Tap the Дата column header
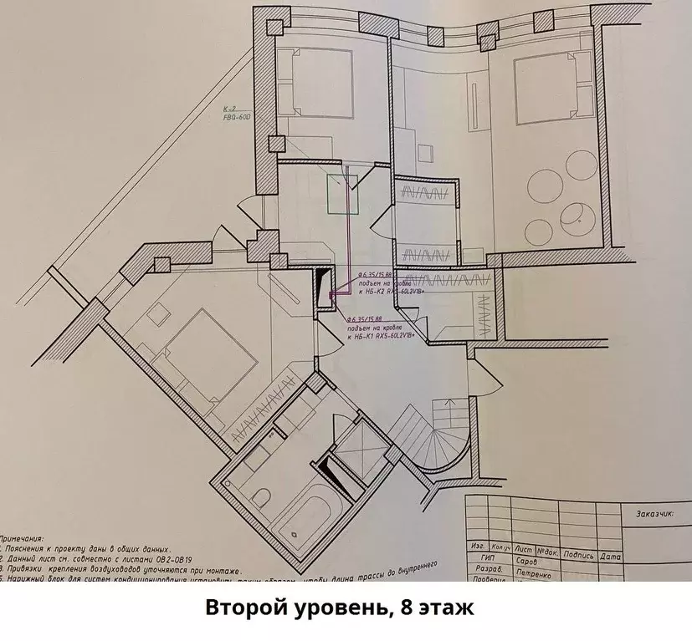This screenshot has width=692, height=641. tap(610, 555)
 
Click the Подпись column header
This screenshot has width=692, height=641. tap(578, 555)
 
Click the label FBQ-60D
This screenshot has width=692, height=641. tap(238, 118)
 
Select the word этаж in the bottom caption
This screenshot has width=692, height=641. tap(452, 609)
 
